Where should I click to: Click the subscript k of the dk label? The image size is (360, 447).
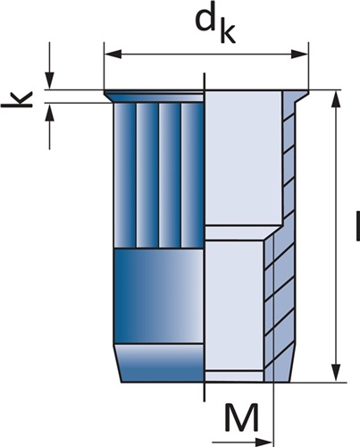tap(228, 31)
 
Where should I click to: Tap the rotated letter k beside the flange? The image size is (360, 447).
tap(17, 100)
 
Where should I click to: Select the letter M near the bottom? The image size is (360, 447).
tap(241, 417)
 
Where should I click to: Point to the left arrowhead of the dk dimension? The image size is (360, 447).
tap(113, 54)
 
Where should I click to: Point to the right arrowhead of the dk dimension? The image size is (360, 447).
tap(299, 54)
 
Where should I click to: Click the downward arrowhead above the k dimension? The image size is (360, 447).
tap(49, 80)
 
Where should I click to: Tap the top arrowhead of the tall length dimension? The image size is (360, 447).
tap(337, 99)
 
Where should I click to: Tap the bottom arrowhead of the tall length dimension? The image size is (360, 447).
tap(337, 373)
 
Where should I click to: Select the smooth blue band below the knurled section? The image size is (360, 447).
tap(159, 296)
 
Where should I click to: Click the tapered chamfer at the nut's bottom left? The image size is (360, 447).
tap(160, 363)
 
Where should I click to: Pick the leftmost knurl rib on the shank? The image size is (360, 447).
tap(125, 175)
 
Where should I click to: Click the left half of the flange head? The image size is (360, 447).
tap(155, 97)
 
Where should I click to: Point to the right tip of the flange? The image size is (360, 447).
tap(308, 90)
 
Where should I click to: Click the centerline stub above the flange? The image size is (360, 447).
tap(204, 80)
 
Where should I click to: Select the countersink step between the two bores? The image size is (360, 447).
tap(243, 233)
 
